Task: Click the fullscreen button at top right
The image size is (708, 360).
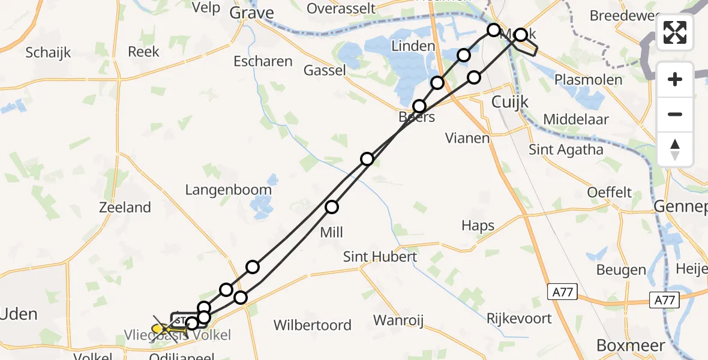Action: click(675, 32)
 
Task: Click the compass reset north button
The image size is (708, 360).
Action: click(675, 149)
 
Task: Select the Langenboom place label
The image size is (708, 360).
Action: click(228, 190)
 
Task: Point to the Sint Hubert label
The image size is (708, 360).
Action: click(380, 257)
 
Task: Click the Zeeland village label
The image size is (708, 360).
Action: click(125, 208)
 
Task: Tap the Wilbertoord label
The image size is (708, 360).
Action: click(312, 325)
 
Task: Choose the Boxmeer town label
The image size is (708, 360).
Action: click(631, 346)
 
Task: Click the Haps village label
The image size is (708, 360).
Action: click(478, 226)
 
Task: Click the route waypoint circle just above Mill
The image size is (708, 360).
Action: click(332, 208)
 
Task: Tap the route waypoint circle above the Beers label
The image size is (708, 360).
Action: click(419, 107)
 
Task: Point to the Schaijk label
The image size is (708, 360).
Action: click(48, 52)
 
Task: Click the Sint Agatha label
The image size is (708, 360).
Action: click(566, 149)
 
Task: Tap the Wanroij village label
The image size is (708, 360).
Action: click(398, 320)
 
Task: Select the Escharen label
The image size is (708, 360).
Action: click(263, 61)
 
